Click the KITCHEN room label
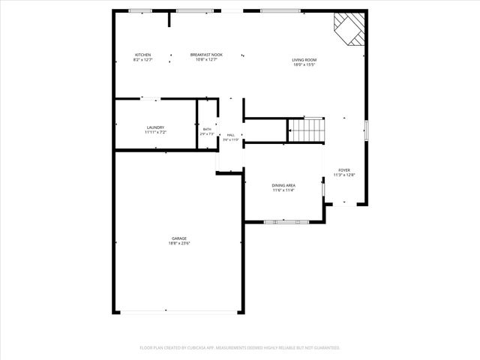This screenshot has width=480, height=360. (142, 55)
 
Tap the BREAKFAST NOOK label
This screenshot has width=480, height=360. (206, 55)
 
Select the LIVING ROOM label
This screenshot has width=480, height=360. (304, 60)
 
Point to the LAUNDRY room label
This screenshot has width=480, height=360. (155, 127)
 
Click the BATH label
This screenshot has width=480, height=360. (207, 130)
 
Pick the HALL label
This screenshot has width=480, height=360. (231, 135)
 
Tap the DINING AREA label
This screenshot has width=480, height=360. (283, 185)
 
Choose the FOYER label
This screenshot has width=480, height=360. (344, 170)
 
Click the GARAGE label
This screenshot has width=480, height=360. (178, 238)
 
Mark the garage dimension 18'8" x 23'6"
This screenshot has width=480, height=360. (178, 243)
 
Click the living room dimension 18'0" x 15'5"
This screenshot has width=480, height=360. (304, 64)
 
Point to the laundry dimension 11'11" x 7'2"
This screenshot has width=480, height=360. (155, 133)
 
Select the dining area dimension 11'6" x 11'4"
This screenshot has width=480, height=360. (283, 190)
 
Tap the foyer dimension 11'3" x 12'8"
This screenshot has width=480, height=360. (344, 175)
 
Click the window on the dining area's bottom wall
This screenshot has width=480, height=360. (286, 221)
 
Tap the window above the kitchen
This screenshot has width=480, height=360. (140, 10)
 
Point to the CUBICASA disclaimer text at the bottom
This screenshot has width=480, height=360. (240, 348)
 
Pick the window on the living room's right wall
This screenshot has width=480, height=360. (366, 130)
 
